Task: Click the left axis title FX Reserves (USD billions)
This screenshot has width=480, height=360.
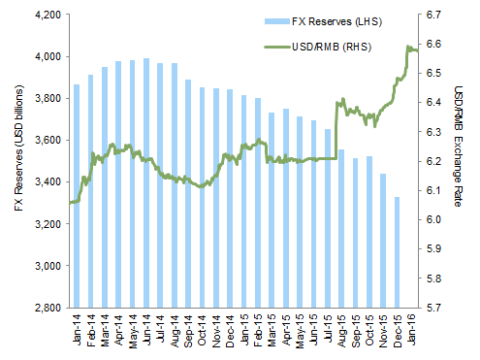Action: (12, 161)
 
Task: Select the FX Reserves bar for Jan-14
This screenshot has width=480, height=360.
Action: (77, 195)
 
